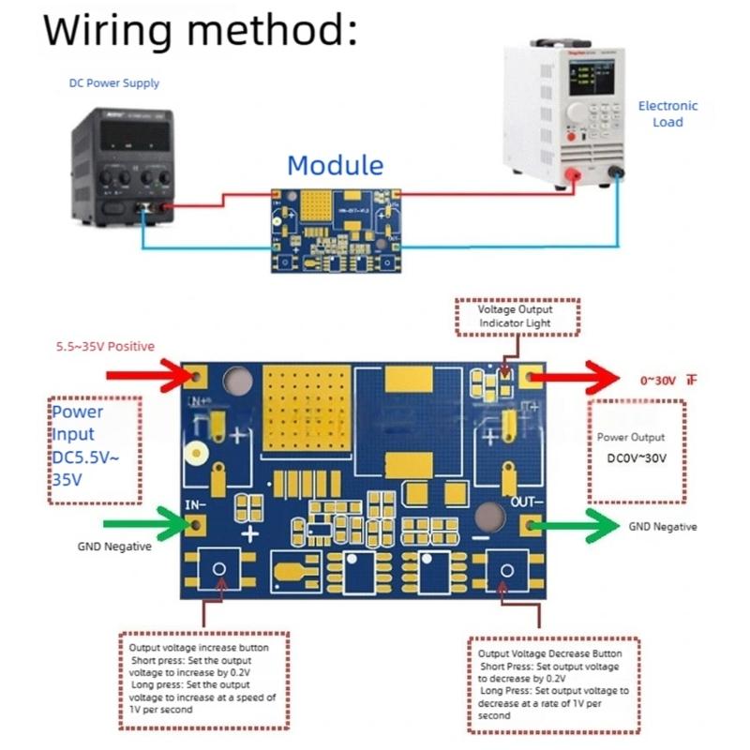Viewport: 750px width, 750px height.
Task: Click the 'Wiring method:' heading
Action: coord(201,30)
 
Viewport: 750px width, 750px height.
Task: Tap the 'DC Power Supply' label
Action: coord(114,83)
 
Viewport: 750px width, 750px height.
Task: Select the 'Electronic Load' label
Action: coord(667,113)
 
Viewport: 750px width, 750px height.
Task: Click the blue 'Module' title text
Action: coord(335,166)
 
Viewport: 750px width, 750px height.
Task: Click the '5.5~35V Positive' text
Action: coord(105,347)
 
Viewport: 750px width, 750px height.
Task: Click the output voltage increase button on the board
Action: coord(220,569)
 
